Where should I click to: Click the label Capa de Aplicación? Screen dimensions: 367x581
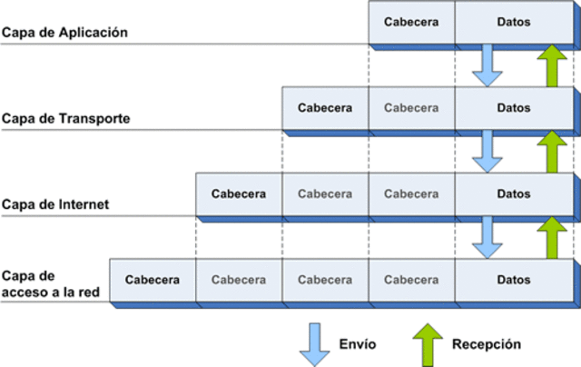coord(64,32)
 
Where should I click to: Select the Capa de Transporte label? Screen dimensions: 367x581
coord(65,119)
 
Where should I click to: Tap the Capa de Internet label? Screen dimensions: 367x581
coord(55,204)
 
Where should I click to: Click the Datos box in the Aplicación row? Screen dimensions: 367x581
coord(514,22)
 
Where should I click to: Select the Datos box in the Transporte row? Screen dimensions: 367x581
coord(514,108)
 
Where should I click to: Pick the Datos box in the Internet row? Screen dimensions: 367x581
coord(514,193)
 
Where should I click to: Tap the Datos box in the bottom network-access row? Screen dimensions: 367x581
coord(514,280)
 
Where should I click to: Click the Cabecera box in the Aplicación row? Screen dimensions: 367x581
coord(411,22)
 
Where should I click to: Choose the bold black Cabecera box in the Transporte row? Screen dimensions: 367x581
coord(325,108)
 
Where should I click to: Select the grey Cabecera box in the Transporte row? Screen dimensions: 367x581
coord(411,108)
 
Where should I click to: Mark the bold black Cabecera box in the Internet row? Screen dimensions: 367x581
coord(239,193)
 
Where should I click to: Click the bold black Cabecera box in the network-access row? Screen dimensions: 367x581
coord(153,280)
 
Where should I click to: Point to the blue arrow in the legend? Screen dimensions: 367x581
coord(315,344)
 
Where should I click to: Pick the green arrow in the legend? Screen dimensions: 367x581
coord(427,344)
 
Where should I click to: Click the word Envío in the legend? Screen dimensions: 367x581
coord(357,345)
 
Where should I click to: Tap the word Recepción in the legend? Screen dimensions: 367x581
coord(486,345)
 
